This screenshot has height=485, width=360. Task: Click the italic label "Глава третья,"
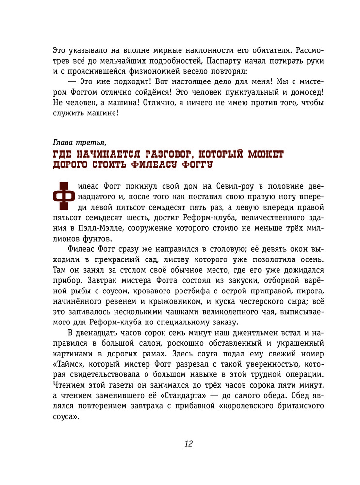click(x=80, y=142)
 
